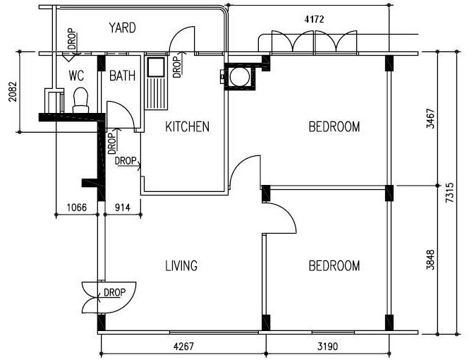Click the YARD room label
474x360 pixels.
click(123, 28)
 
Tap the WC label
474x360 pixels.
click(76, 76)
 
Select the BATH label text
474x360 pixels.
click(122, 76)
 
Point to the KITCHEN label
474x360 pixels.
click(187, 126)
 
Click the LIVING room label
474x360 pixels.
click(181, 265)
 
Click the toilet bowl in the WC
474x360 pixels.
click(80, 100)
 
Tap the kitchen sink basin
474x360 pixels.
click(156, 67)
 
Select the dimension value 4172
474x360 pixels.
click(314, 19)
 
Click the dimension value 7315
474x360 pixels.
click(449, 193)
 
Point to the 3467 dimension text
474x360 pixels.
click(430, 119)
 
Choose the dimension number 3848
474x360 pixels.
click(430, 259)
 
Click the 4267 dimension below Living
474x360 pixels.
click(183, 346)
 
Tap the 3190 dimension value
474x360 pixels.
click(328, 346)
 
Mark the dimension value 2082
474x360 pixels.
click(13, 92)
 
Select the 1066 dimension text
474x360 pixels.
click(76, 208)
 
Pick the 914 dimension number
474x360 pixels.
click(123, 208)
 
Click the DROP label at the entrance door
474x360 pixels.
click(114, 292)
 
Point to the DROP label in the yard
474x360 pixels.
click(72, 39)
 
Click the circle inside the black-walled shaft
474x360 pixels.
click(240, 77)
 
